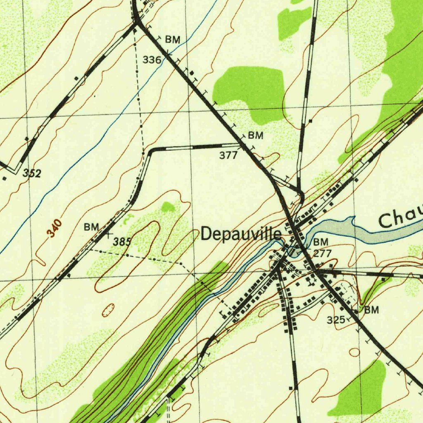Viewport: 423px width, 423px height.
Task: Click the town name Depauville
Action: point(241,234)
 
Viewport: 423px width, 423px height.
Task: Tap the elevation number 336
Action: point(152,60)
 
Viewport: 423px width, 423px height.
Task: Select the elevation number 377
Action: point(228,155)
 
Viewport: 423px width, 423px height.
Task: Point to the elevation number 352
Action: point(32,173)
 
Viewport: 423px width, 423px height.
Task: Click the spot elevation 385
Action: point(122,242)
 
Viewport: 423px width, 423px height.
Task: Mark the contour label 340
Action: point(55,228)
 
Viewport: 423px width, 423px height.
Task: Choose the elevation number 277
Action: point(322,253)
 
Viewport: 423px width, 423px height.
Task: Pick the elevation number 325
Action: point(335,320)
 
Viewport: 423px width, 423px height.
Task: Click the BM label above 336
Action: point(173,40)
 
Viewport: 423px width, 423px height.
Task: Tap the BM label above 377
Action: point(255,135)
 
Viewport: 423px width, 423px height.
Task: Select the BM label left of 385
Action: point(91,227)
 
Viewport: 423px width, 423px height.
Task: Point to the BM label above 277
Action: point(321,242)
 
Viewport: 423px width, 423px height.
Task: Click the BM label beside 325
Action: point(371,310)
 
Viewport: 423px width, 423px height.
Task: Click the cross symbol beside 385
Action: point(109,235)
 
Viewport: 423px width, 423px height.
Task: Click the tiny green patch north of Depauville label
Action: point(168,207)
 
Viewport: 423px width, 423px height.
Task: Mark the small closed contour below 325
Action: point(354,352)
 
